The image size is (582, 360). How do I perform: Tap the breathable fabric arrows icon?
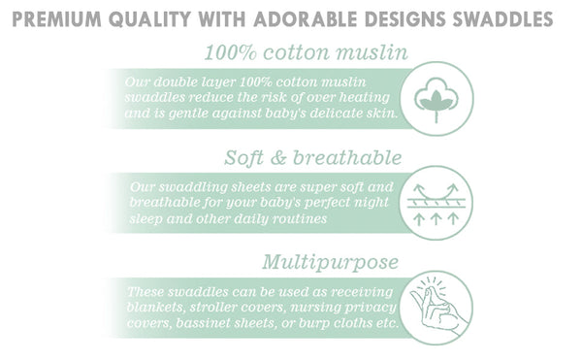[x=436, y=203]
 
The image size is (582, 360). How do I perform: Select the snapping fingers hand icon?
[x=436, y=308]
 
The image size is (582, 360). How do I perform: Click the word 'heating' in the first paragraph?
[x=361, y=98]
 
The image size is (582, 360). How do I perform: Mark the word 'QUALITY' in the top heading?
[x=152, y=18]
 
